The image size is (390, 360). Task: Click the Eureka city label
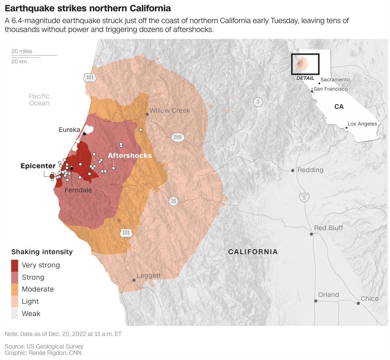click(x=69, y=130)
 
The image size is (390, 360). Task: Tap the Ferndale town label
click(x=78, y=190)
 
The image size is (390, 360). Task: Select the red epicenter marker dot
click(x=52, y=176)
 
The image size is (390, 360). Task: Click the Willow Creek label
click(x=170, y=111)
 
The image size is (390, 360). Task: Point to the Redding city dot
click(x=293, y=170)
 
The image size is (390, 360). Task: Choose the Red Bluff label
click(x=328, y=228)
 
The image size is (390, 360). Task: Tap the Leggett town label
click(x=149, y=276)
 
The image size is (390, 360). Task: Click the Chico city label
click(x=370, y=299)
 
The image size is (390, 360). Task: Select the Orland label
click(x=328, y=295)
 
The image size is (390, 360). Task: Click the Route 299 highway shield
click(x=177, y=137)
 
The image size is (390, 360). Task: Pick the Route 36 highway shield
click(x=174, y=201)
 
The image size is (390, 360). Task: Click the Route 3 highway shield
click(x=258, y=102)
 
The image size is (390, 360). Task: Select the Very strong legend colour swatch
click(x=15, y=265)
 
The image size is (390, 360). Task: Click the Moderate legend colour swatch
click(x=15, y=289)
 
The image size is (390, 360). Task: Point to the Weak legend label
click(x=31, y=314)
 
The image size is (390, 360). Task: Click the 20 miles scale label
click(x=22, y=51)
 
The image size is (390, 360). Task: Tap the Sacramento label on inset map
click(x=335, y=80)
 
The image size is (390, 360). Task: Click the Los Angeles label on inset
click(x=362, y=124)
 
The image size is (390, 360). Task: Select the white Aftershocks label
click(x=130, y=155)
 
